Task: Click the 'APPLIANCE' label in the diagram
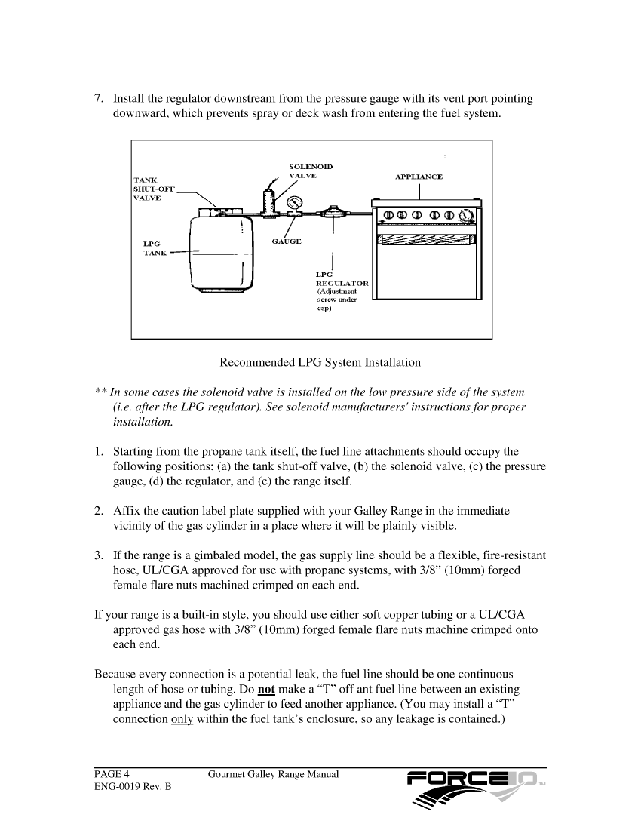pos(419,177)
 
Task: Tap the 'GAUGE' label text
pos(286,241)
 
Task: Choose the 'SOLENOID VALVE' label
pos(309,170)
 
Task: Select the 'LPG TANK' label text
pos(155,248)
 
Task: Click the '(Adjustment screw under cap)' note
pos(336,304)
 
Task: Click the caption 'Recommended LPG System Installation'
pos(320,363)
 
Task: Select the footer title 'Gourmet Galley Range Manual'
pos(273,774)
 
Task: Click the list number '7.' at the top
pos(99,99)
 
